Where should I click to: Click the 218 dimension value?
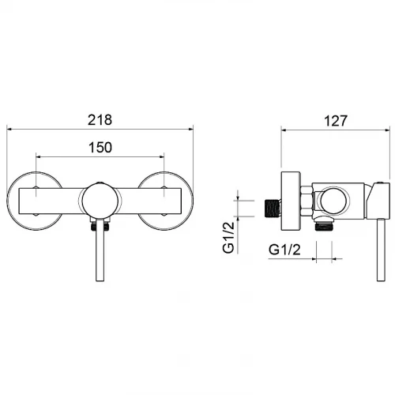click(x=100, y=120)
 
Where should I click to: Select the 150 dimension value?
click(x=100, y=148)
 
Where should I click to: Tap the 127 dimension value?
click(x=336, y=121)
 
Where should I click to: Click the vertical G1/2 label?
click(x=228, y=237)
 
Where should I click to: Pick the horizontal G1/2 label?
click(x=284, y=250)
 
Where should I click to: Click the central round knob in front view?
click(x=100, y=201)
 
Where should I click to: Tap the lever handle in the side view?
click(x=381, y=250)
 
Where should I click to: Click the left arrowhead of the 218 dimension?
click(x=9, y=129)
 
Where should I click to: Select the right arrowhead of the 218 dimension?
click(x=190, y=129)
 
